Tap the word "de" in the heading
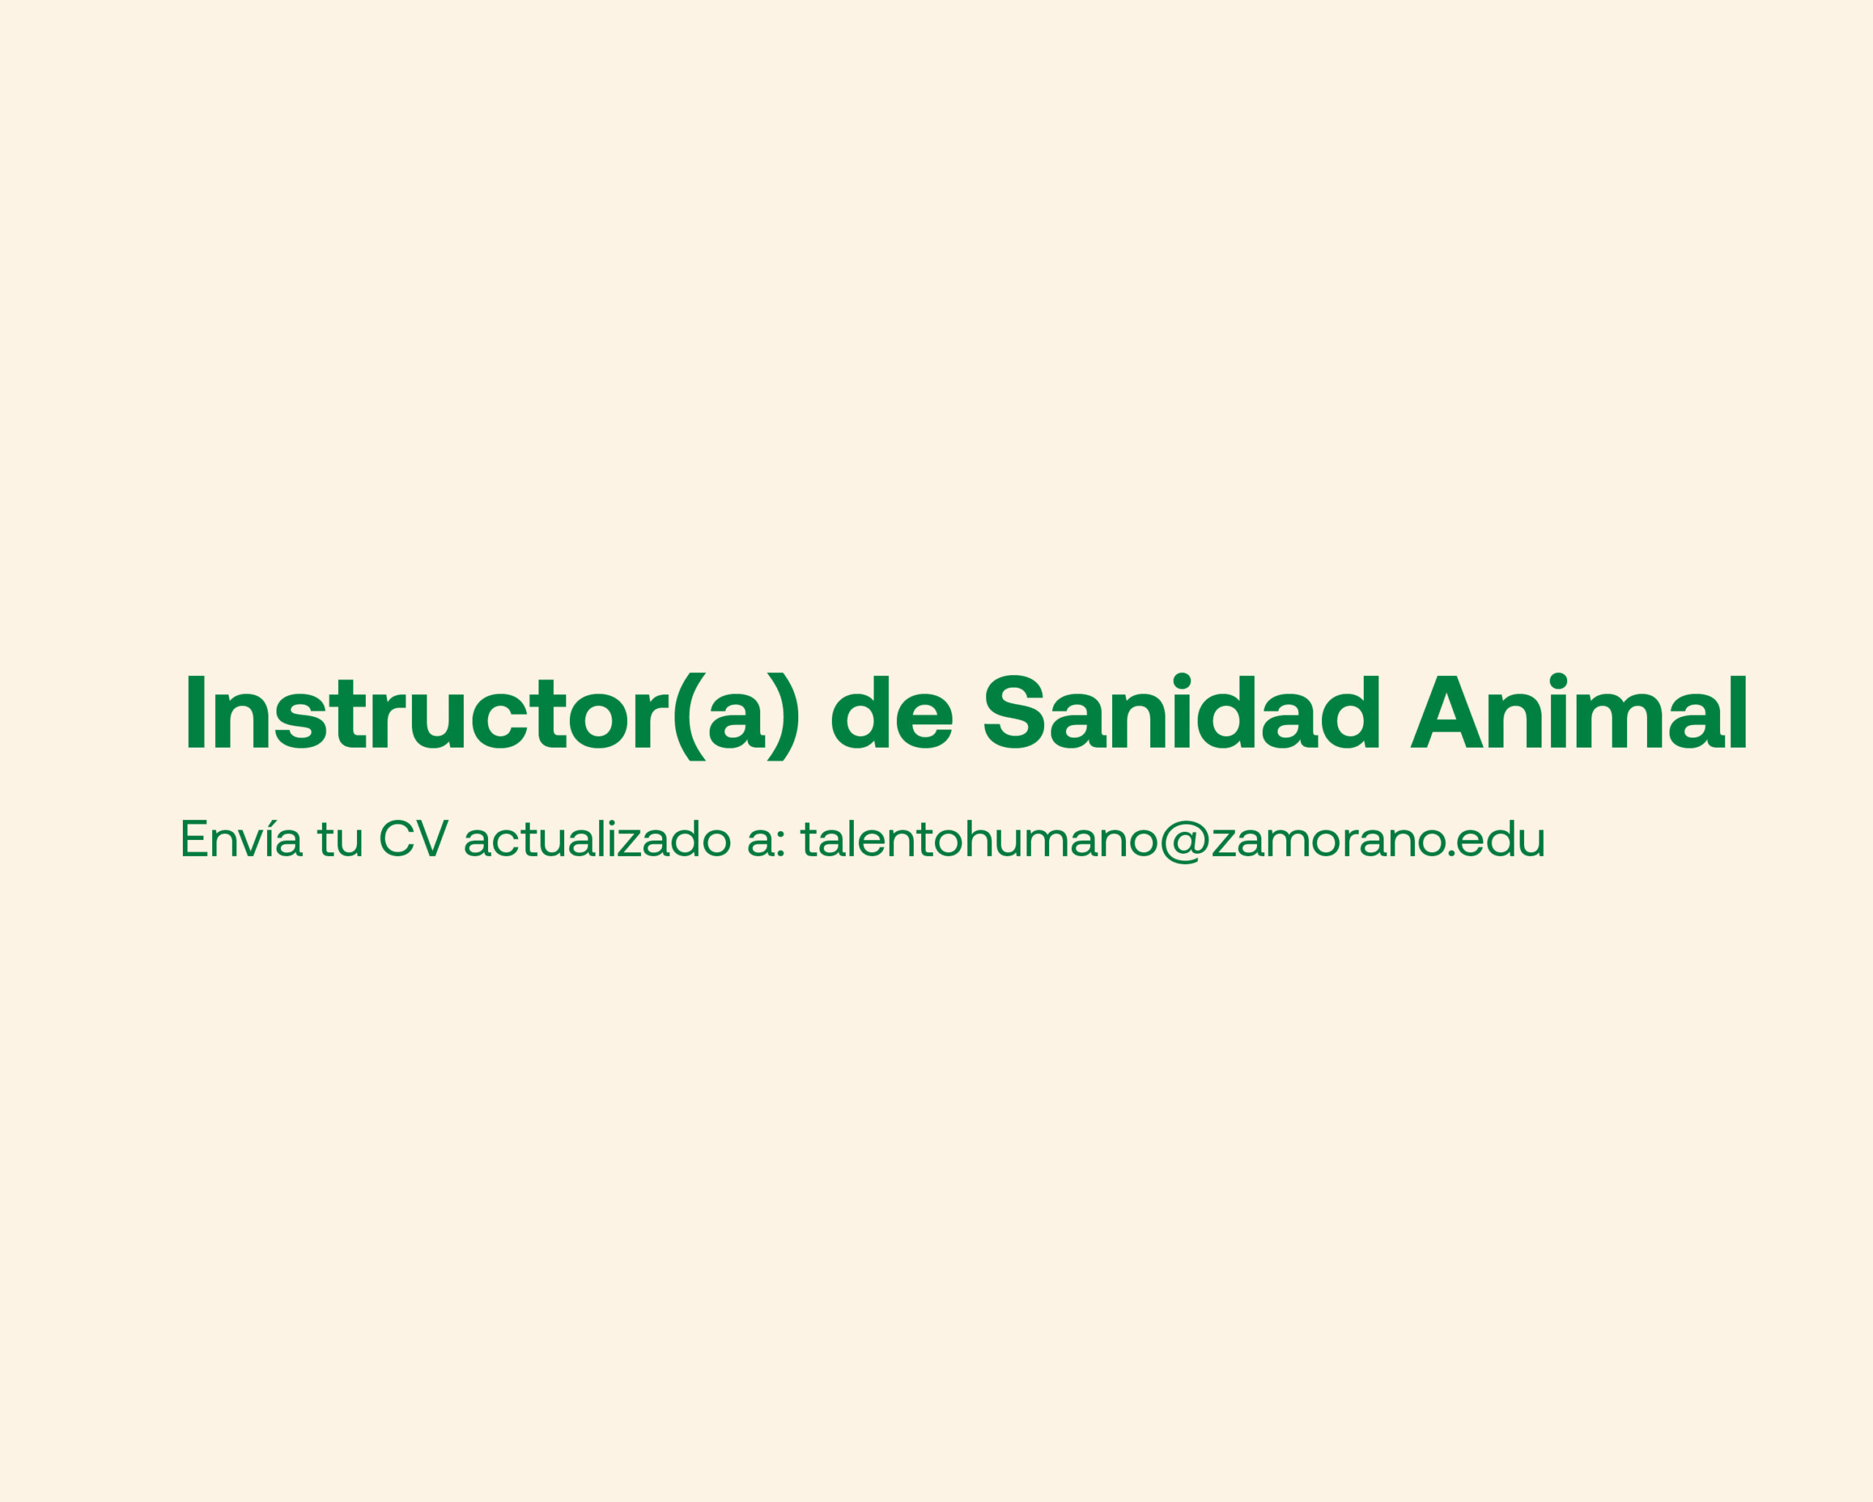(892, 711)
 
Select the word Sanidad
(1182, 710)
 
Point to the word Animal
(1577, 710)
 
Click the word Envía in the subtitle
(241, 838)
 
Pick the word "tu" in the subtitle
(339, 840)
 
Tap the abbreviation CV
(413, 838)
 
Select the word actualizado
(597, 838)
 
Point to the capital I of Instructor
(195, 711)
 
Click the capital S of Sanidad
(1014, 711)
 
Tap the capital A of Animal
(1446, 711)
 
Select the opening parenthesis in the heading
(690, 717)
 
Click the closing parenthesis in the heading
(784, 717)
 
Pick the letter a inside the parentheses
(737, 721)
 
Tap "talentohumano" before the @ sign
(980, 838)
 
